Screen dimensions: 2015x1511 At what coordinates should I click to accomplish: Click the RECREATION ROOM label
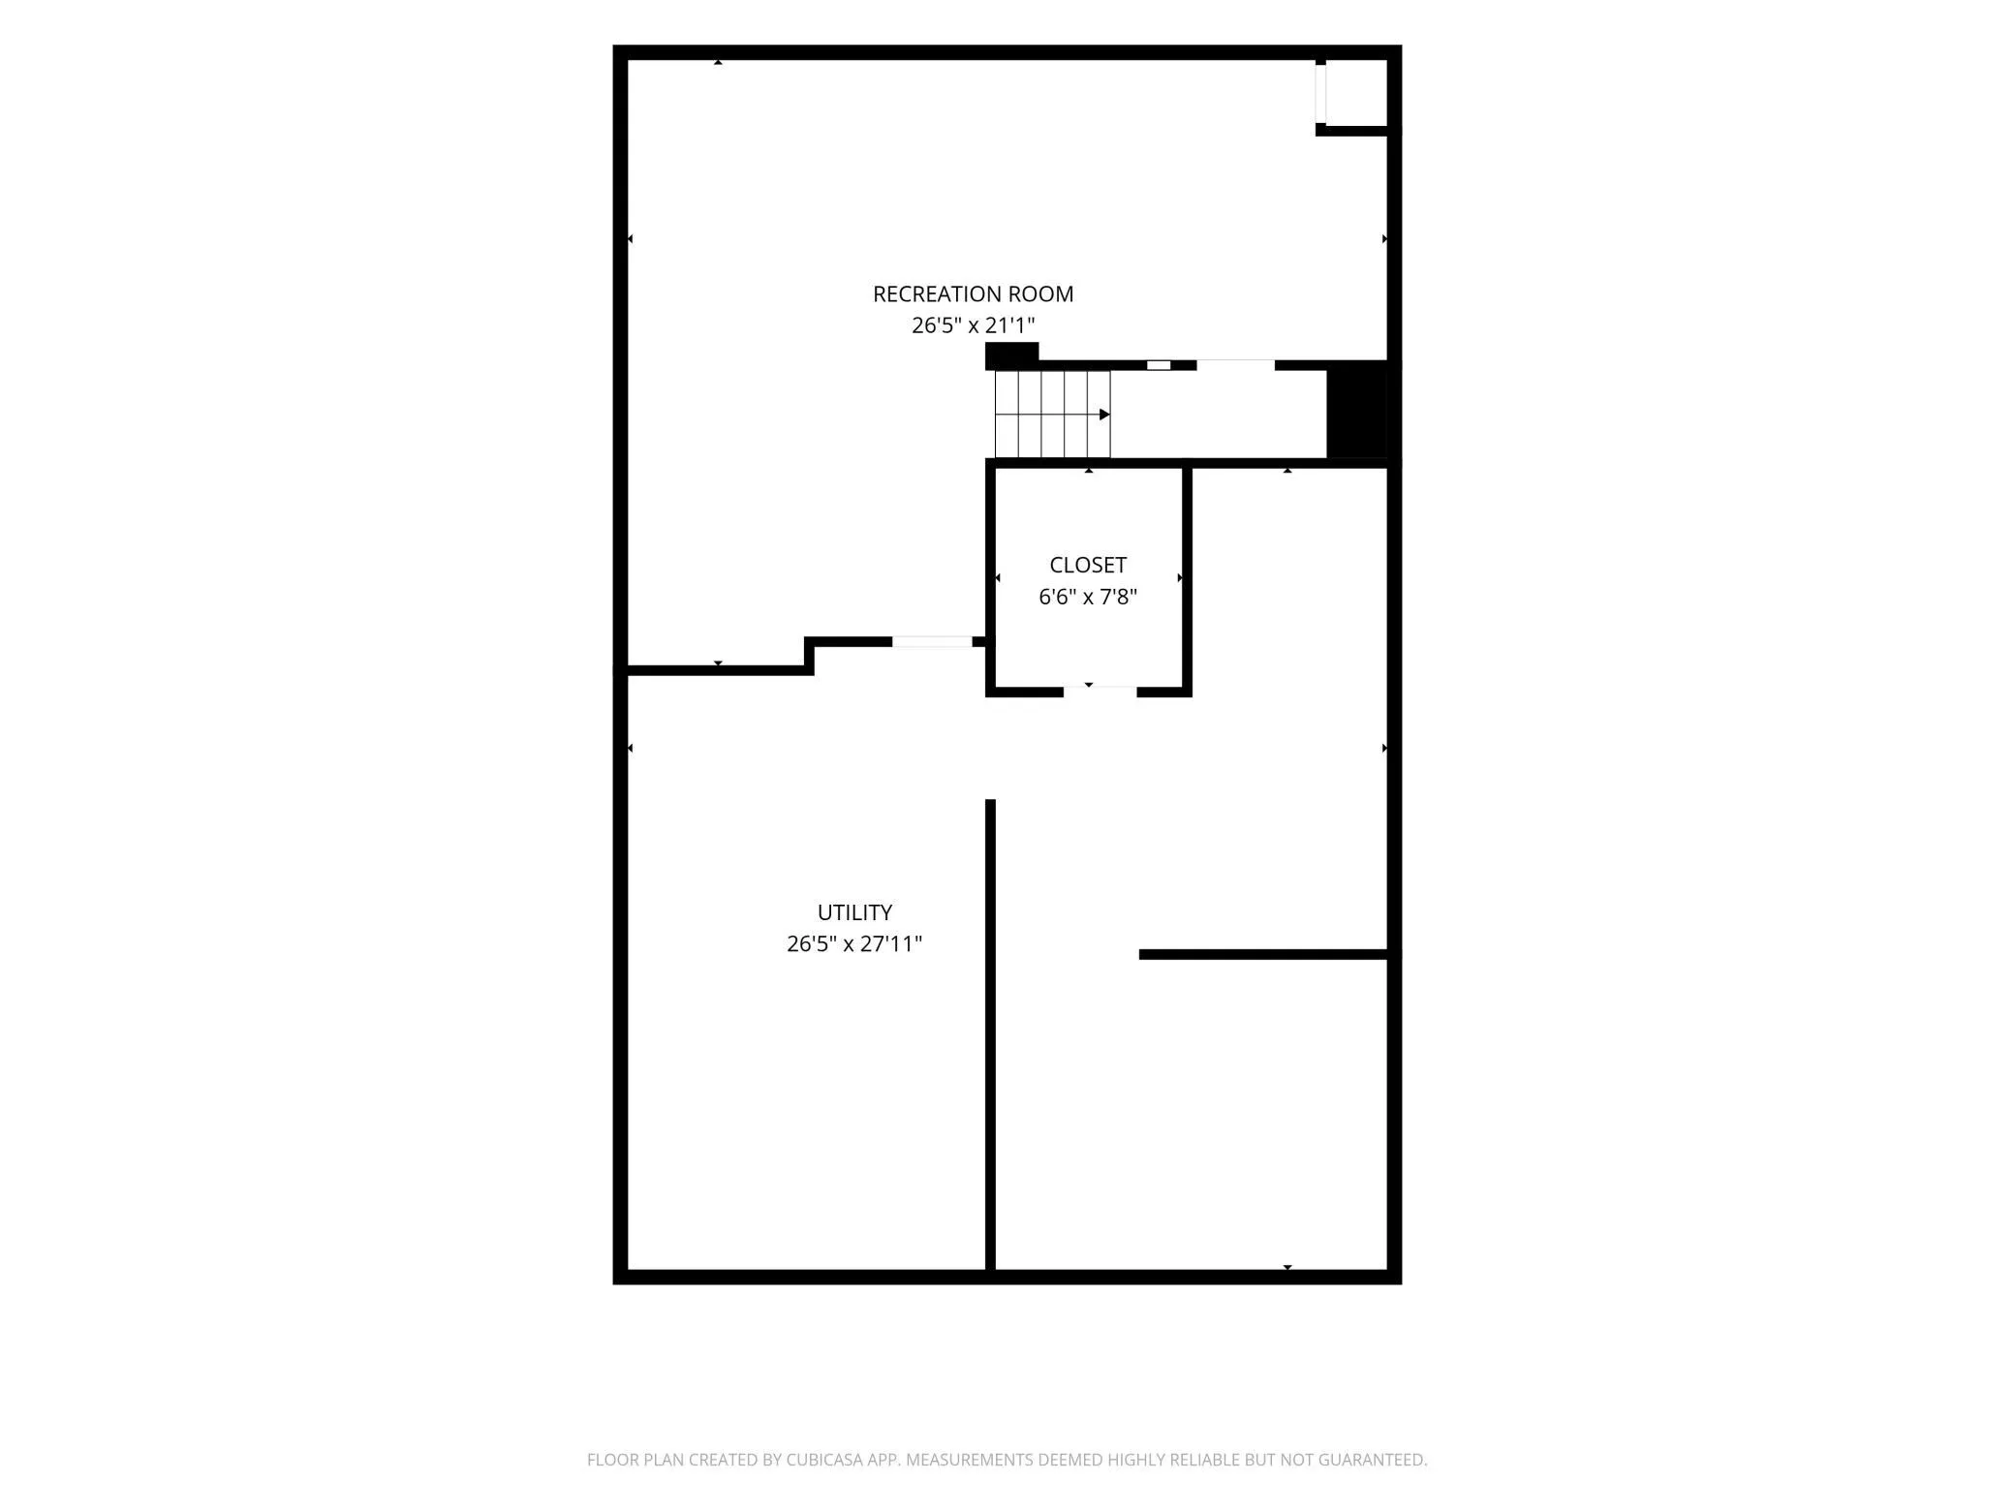coord(973,293)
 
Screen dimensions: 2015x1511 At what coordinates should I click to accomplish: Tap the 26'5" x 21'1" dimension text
coord(973,325)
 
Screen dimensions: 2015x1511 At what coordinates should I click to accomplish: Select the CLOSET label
coord(1088,565)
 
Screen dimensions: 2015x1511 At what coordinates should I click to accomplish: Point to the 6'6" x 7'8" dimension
coord(1088,597)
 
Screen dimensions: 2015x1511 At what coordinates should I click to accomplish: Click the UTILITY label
coord(854,912)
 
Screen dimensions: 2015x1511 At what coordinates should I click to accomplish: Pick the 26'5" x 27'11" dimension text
coord(854,944)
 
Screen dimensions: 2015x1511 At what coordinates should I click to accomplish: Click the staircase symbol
coord(1052,414)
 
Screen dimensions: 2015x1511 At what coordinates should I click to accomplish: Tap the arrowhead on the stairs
coord(1104,415)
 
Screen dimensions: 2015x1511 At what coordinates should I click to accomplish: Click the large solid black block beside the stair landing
coord(1357,409)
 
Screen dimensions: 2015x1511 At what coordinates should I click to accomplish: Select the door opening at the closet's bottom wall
coord(1100,692)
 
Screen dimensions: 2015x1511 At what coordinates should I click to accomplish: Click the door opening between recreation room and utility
coord(932,641)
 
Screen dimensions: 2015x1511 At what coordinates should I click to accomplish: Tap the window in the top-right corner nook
coord(1320,94)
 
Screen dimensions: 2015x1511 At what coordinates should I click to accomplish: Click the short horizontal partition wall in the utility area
coord(1263,954)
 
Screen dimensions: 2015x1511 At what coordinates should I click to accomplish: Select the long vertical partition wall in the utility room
coord(990,1034)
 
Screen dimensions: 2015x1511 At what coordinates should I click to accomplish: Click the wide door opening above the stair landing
coord(1235,365)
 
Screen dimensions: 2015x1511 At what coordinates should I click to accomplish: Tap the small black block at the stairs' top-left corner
coord(1011,355)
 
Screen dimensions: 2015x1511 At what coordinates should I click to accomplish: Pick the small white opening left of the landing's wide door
coord(1159,365)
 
